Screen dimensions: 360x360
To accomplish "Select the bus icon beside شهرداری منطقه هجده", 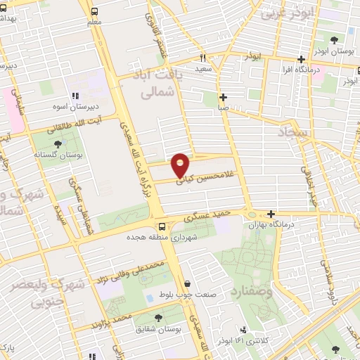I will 162,226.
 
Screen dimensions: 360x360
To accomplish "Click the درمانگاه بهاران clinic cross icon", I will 271,214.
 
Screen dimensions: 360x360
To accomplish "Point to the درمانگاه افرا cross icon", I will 301,60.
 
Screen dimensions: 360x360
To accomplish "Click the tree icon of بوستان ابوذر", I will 337,40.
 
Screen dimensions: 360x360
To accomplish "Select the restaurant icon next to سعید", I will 202,58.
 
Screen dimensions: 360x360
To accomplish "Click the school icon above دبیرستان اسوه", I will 73,96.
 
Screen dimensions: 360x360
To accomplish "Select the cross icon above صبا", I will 223,98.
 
